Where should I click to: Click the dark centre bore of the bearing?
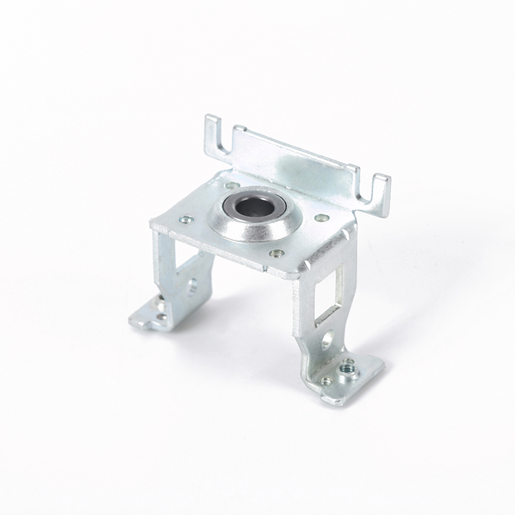252,208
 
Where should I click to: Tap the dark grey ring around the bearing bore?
236,212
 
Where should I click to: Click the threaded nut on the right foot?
349,370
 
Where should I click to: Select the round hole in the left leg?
192,285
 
